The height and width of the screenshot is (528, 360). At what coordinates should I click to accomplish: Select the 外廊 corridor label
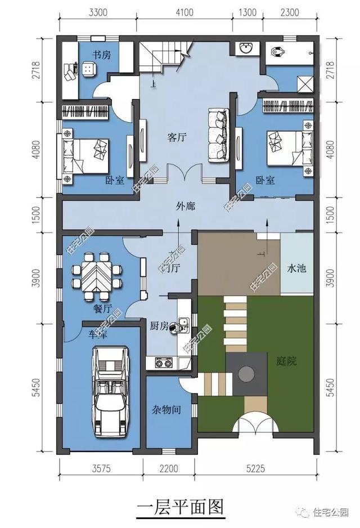[185, 207]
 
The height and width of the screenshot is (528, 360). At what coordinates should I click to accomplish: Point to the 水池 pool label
[296, 269]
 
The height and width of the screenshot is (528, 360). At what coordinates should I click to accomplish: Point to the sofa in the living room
[218, 134]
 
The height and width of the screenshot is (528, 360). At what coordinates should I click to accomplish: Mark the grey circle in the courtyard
[246, 373]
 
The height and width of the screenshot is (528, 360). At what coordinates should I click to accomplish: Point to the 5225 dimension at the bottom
[256, 468]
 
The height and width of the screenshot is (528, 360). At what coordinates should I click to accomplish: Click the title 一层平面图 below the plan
[180, 507]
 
